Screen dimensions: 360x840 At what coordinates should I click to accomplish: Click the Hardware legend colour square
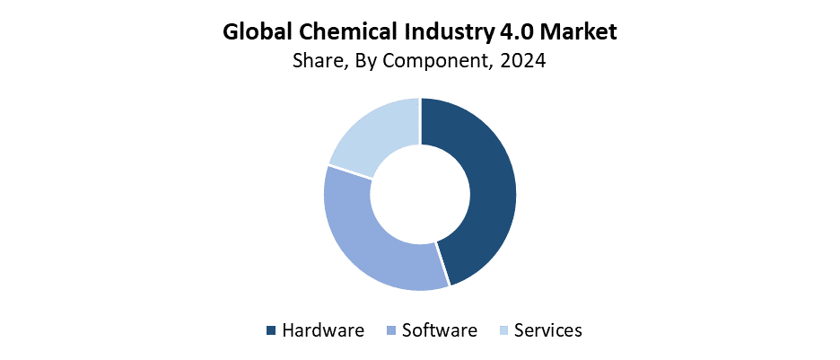(x=271, y=331)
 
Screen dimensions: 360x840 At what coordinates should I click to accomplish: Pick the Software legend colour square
(x=391, y=331)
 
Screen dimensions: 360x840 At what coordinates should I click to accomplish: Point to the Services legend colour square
(x=503, y=331)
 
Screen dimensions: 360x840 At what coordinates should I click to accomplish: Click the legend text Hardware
(x=323, y=330)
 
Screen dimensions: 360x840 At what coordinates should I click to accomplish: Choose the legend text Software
(x=440, y=330)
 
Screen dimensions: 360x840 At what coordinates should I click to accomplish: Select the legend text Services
(x=548, y=330)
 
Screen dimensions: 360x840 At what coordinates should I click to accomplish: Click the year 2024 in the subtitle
(x=522, y=62)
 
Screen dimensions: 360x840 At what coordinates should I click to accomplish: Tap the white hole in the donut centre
(x=420, y=194)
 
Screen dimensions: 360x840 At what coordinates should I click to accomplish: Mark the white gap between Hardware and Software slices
(x=442, y=264)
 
